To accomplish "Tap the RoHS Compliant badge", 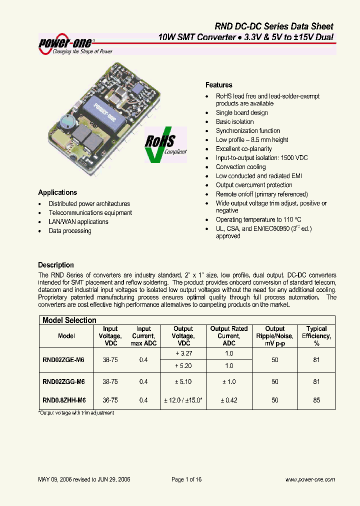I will pyautogui.click(x=165, y=144).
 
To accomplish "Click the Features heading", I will pyautogui.click(x=219, y=85).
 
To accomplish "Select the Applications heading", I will pyautogui.click(x=57, y=192).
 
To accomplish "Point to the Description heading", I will pyautogui.click(x=56, y=265).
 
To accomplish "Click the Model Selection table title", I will pyautogui.click(x=69, y=320).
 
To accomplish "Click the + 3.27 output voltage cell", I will pyautogui.click(x=183, y=353).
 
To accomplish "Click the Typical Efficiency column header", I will pyautogui.click(x=316, y=336).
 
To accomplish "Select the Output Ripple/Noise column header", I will pyautogui.click(x=275, y=336).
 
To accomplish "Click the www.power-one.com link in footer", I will pyautogui.click(x=310, y=479).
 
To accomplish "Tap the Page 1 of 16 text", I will pyautogui.click(x=186, y=479).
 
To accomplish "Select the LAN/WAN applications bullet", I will pyautogui.click(x=78, y=222).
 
